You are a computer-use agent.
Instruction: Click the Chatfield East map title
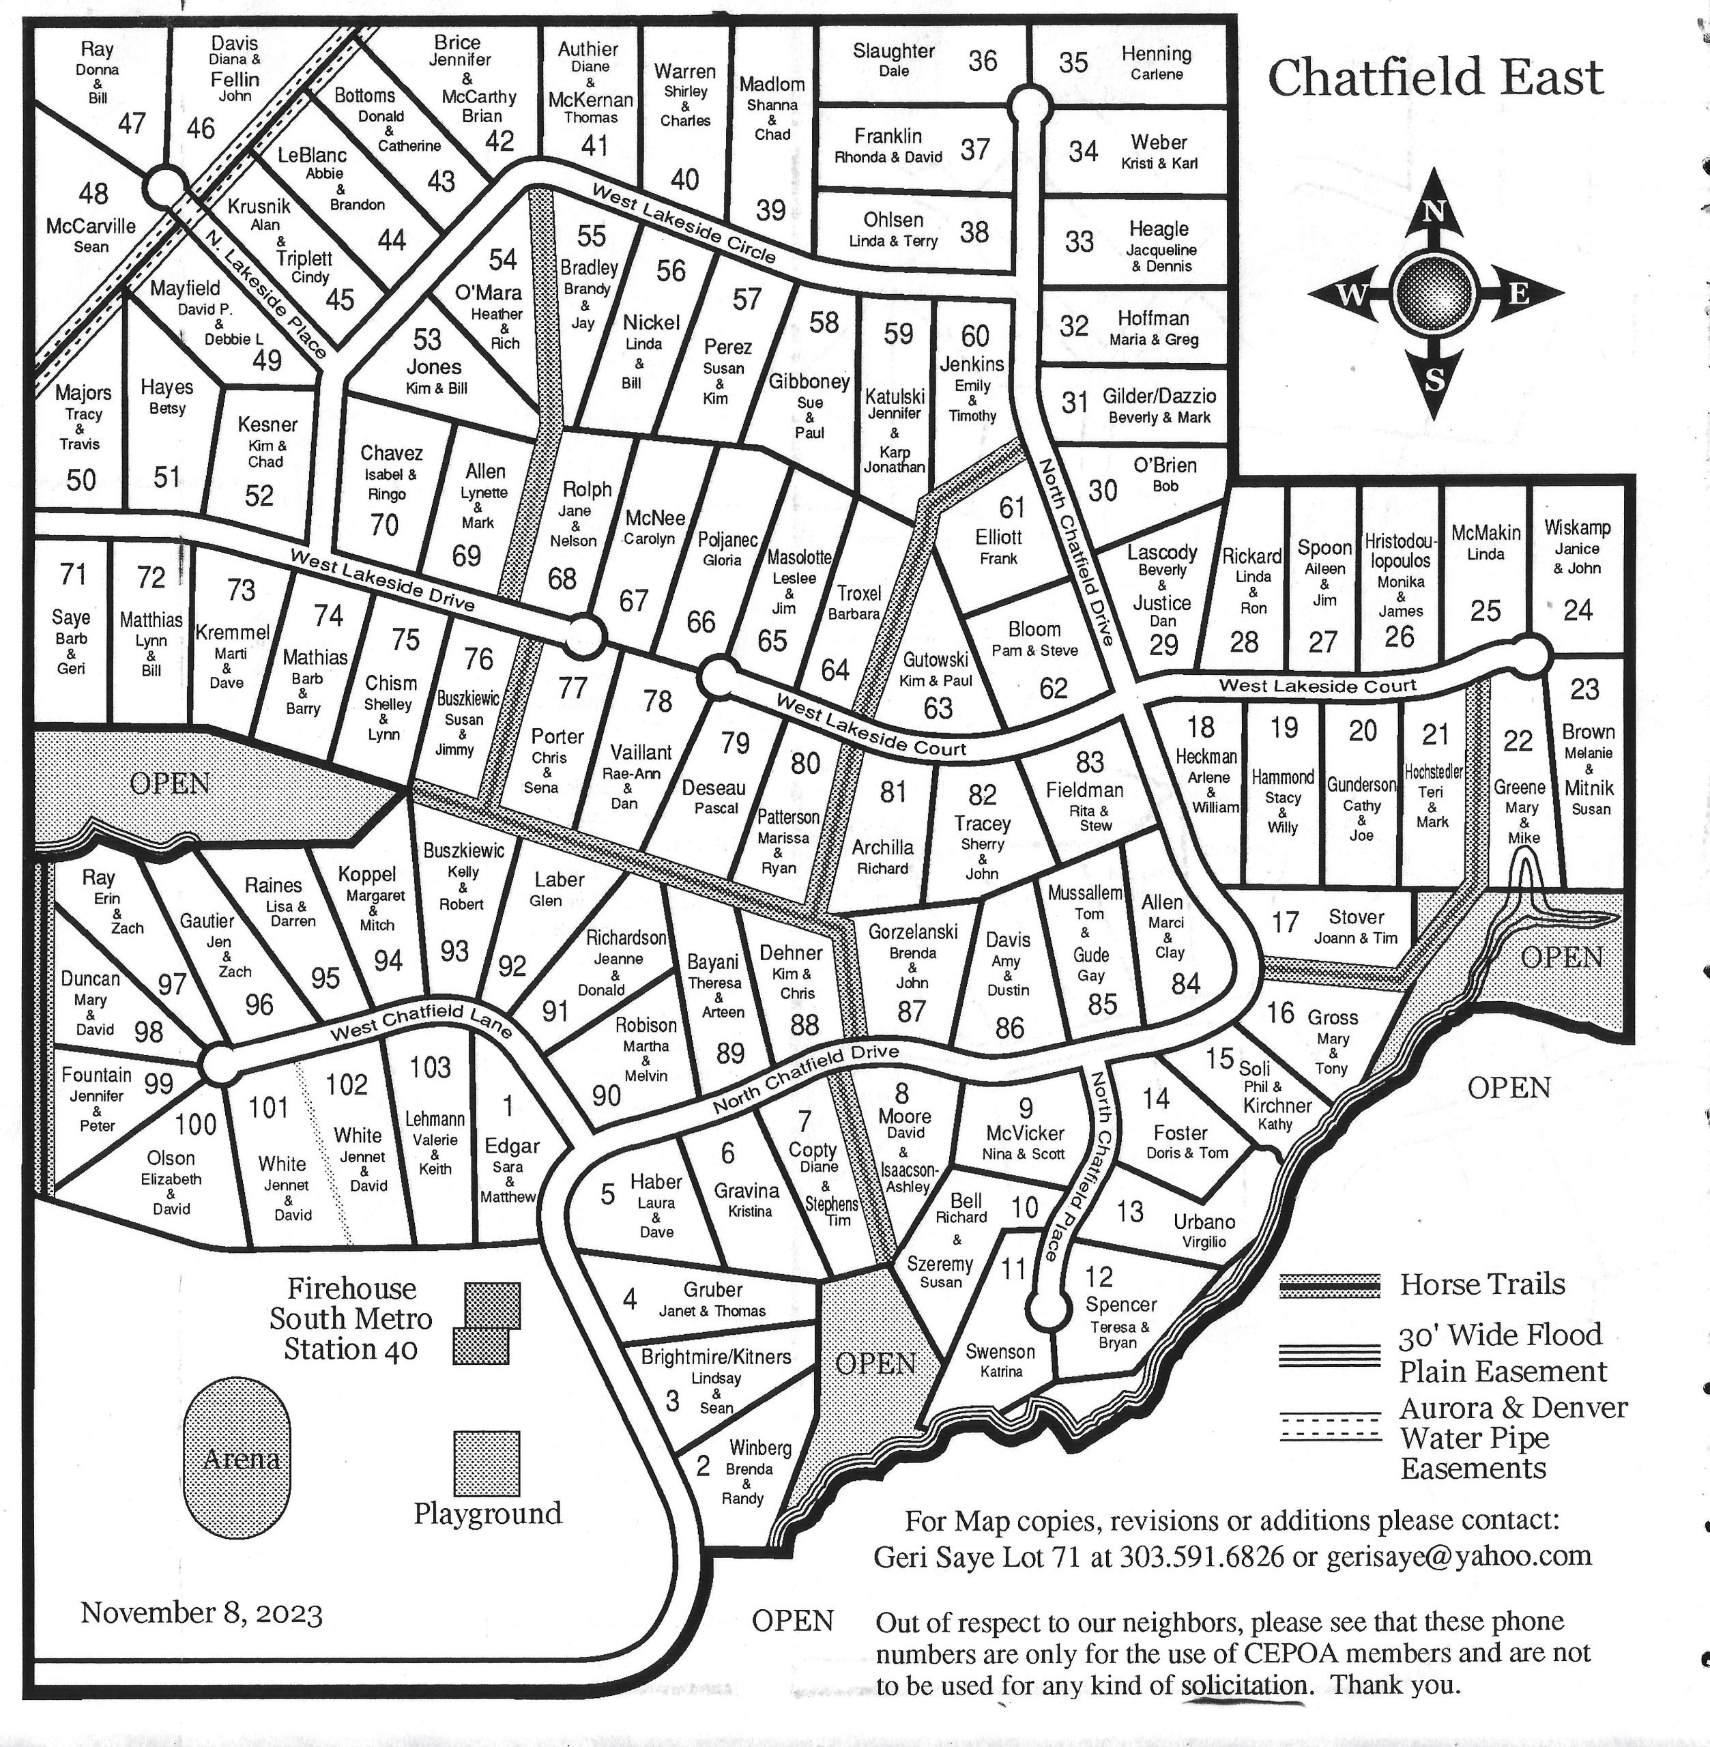pos(1434,78)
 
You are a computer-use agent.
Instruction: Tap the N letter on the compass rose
pos(1434,212)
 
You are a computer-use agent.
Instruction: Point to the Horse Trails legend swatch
pos(1330,1286)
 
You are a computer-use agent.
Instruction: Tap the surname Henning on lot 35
pos(1156,54)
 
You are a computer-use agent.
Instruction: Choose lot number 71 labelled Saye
pos(73,573)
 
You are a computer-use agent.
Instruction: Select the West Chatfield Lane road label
pos(421,1024)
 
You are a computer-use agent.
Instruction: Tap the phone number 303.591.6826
pos(1202,1557)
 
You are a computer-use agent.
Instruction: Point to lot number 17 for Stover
pos(1284,921)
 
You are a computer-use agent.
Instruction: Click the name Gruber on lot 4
pos(713,1290)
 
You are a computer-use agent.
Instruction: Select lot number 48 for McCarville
pos(93,192)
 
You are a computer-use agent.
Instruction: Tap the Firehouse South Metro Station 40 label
pos(351,1318)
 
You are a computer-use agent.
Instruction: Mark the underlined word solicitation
pos(1244,1684)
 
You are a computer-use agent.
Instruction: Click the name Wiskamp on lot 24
pos(1577,528)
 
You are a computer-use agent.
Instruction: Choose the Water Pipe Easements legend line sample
pos(1330,1426)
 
